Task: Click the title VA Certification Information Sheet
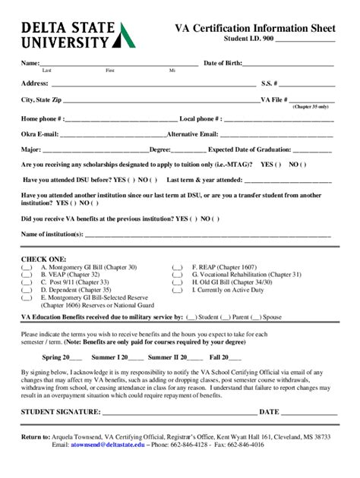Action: click(255, 28)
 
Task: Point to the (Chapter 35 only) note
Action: click(311, 107)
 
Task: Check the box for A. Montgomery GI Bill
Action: click(27, 268)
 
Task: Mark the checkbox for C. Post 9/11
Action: click(27, 282)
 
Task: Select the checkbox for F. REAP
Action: click(177, 268)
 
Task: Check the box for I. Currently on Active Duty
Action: click(177, 290)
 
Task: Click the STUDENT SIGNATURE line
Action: click(178, 412)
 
